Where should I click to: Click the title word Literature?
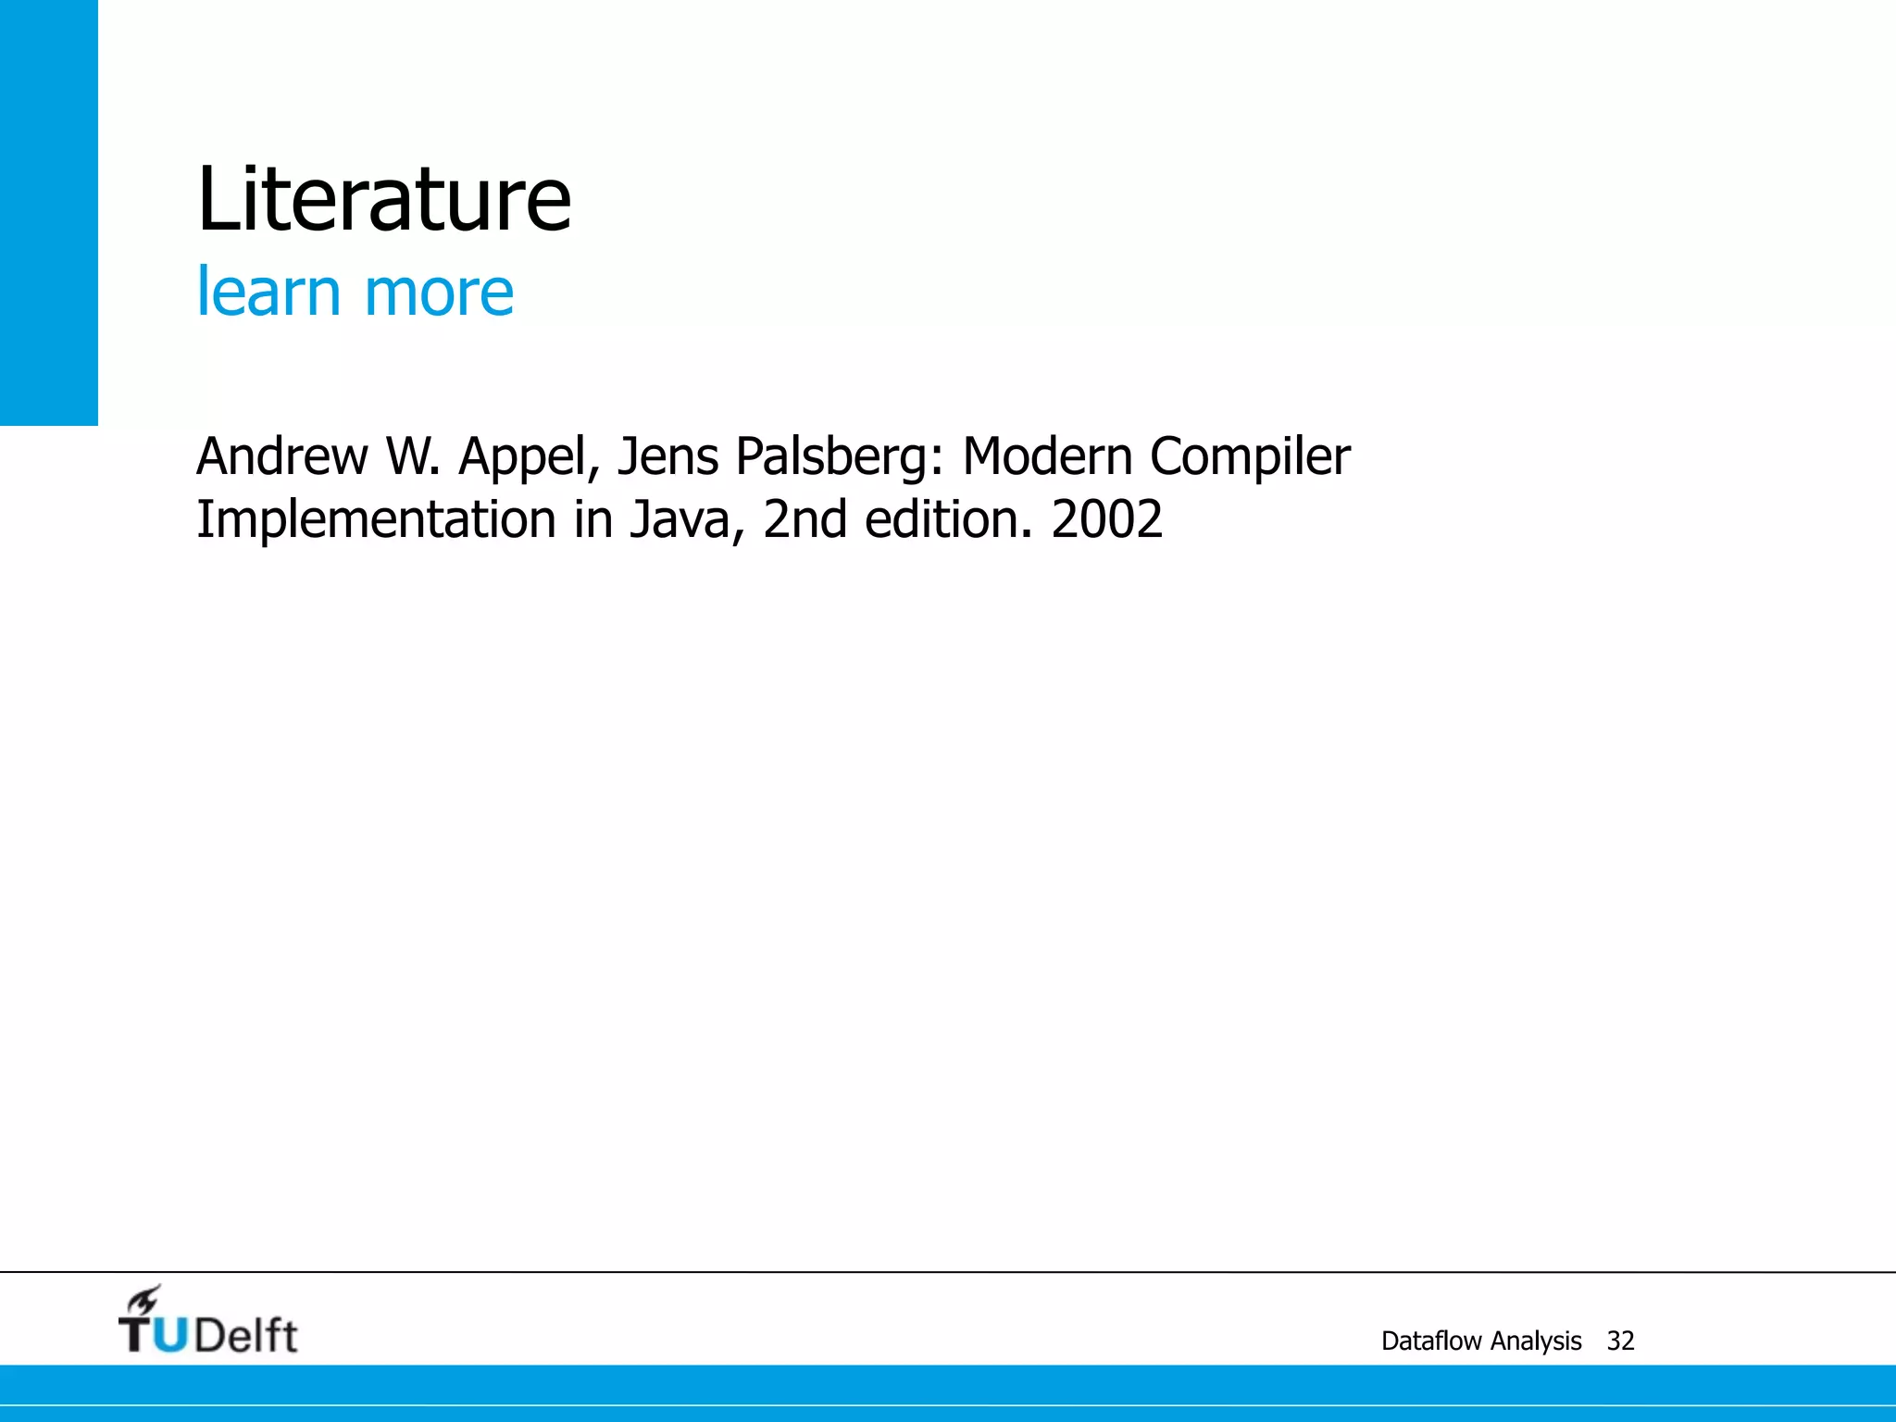point(384,199)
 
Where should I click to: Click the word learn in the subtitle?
point(268,293)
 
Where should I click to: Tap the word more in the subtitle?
point(439,293)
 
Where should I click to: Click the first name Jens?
point(667,456)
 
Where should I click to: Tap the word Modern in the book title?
point(1047,456)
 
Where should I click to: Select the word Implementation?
point(376,519)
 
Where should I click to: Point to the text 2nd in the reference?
point(805,519)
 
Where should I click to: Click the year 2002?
point(1107,519)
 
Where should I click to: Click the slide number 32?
point(1621,1341)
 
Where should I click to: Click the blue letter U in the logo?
point(169,1336)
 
